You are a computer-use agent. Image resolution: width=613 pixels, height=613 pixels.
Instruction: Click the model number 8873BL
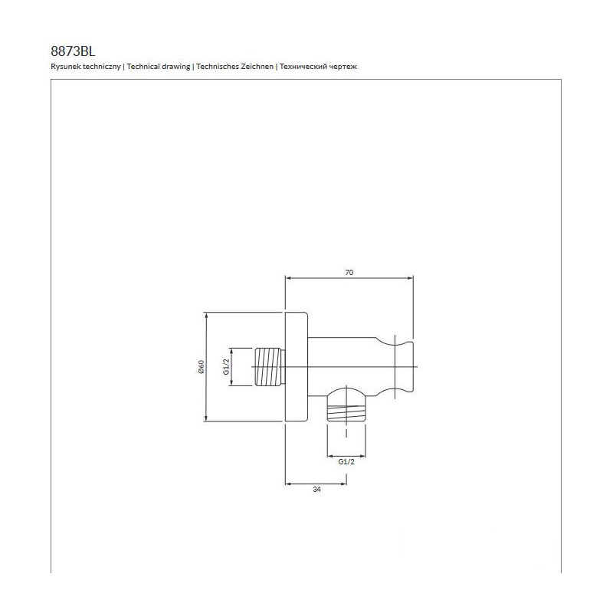[x=73, y=51]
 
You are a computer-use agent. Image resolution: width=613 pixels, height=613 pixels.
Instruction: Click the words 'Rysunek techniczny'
[x=86, y=67]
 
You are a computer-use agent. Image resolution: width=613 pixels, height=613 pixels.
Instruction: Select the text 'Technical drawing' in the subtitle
[x=159, y=67]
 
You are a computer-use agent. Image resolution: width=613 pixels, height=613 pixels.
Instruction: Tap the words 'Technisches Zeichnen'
[x=235, y=67]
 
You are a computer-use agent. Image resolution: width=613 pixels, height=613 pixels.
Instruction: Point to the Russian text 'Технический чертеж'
[x=318, y=67]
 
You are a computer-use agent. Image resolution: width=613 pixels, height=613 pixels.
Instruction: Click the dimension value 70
[x=349, y=273]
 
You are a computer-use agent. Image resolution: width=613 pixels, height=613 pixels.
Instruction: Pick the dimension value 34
[x=317, y=490]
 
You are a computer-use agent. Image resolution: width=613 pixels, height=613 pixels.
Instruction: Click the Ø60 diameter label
[x=202, y=367]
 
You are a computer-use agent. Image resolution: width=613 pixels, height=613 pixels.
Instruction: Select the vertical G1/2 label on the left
[x=226, y=367]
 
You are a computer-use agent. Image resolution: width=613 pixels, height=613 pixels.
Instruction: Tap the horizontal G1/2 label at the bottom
[x=346, y=462]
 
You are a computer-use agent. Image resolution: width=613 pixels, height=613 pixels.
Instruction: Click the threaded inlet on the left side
[x=270, y=367]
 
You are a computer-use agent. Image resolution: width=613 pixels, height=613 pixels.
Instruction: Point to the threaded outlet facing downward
[x=346, y=409]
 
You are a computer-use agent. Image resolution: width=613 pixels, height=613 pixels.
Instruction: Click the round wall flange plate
[x=297, y=367]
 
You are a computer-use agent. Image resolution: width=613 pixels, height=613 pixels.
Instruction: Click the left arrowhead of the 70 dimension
[x=289, y=278]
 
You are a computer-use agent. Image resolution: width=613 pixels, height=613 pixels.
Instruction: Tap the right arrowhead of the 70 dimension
[x=410, y=278]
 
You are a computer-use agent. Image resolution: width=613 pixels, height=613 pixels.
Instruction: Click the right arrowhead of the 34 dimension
[x=343, y=484]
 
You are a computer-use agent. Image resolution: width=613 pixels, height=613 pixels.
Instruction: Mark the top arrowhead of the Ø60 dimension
[x=206, y=316]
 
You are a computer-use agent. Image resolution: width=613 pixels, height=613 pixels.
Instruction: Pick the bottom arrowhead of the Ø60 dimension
[x=206, y=418]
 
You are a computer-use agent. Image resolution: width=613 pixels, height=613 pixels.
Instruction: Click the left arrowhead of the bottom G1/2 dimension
[x=330, y=456]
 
